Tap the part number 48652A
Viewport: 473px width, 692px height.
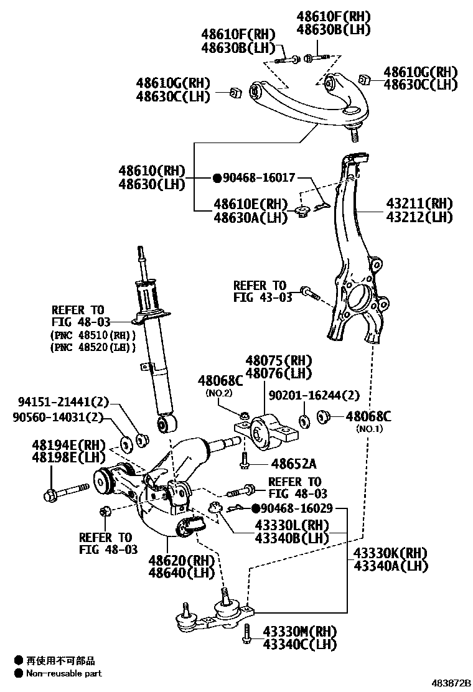tap(294, 463)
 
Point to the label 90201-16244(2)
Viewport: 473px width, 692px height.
tap(314, 395)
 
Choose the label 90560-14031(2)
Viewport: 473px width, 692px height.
tap(58, 418)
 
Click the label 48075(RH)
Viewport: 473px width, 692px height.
tap(278, 360)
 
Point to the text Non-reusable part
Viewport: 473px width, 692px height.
tap(63, 673)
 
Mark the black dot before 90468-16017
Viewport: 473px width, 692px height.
tap(217, 179)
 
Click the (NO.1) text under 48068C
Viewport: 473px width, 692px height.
tap(369, 429)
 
